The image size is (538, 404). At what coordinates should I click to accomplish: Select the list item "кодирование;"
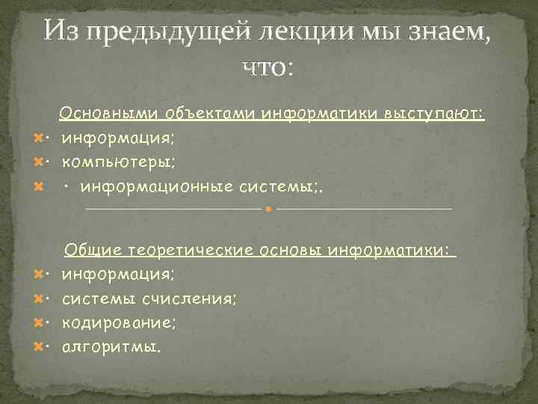click(120, 323)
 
